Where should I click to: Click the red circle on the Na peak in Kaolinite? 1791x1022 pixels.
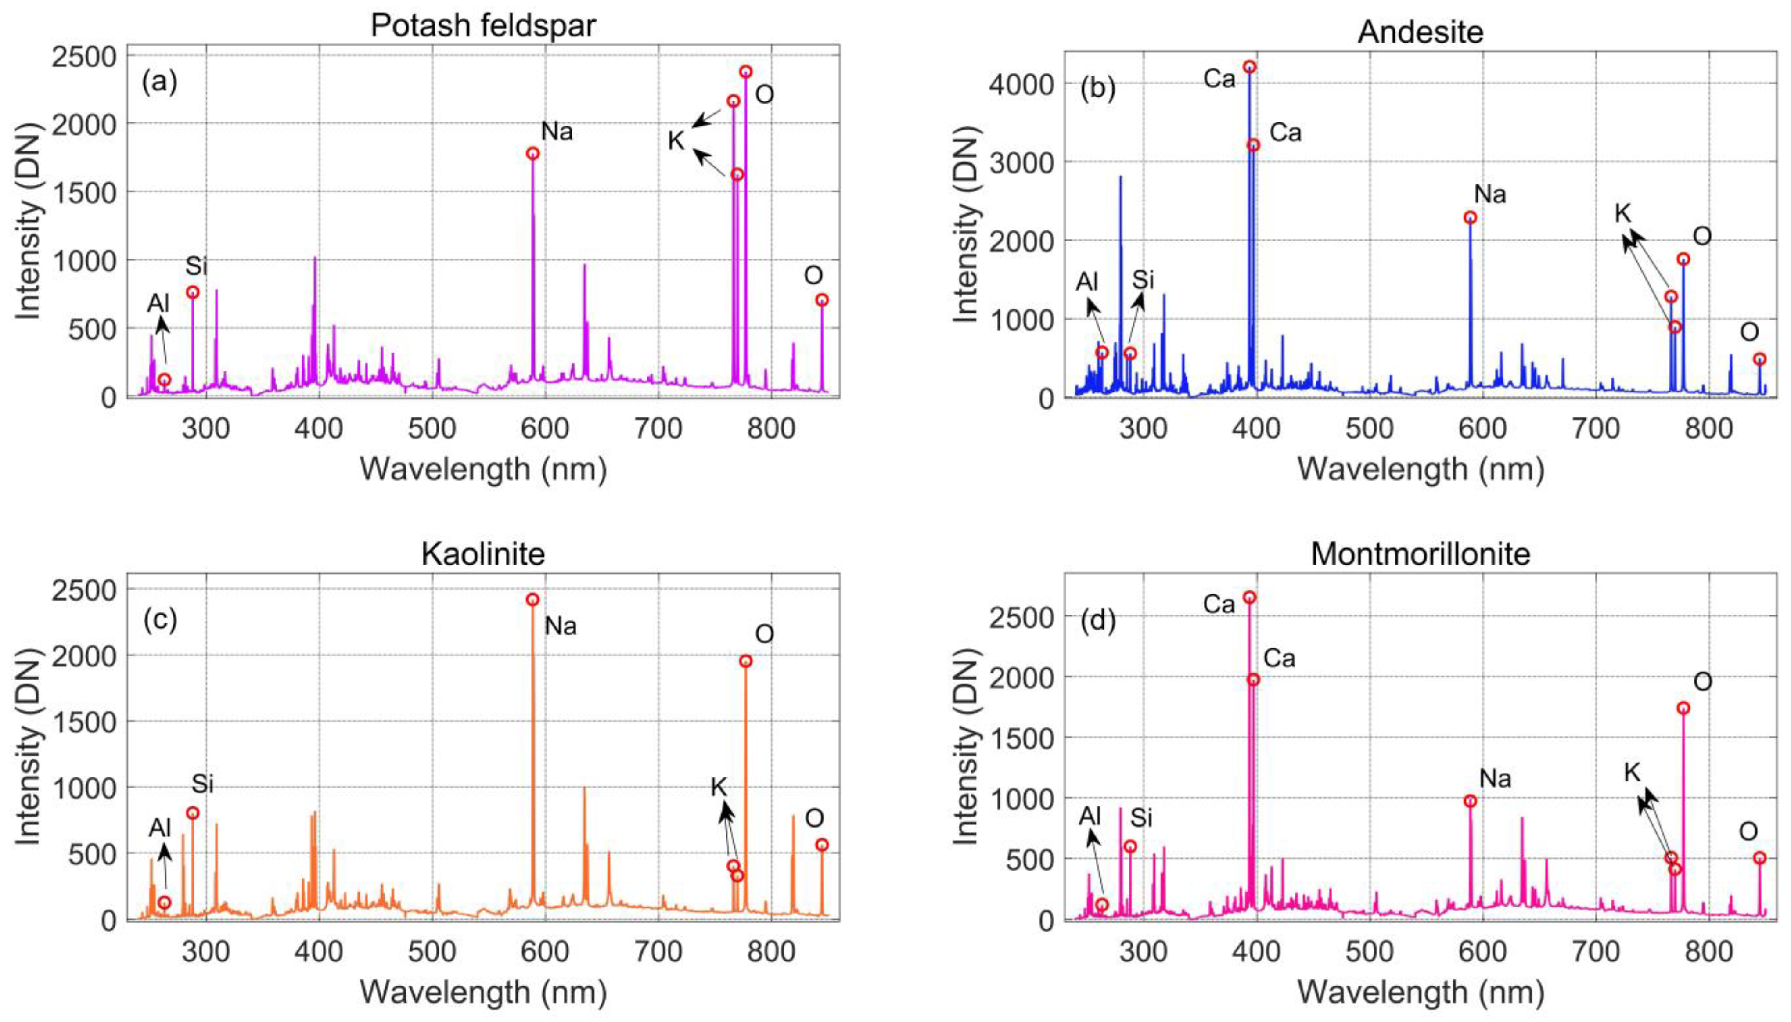click(x=532, y=599)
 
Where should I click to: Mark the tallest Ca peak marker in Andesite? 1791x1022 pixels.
click(x=1249, y=67)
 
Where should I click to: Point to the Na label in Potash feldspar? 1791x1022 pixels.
click(x=557, y=131)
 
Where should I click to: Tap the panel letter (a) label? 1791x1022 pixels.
click(x=159, y=82)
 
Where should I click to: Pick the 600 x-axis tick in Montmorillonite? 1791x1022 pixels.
click(x=1482, y=952)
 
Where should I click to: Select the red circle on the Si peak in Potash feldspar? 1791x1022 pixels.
click(x=192, y=292)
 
